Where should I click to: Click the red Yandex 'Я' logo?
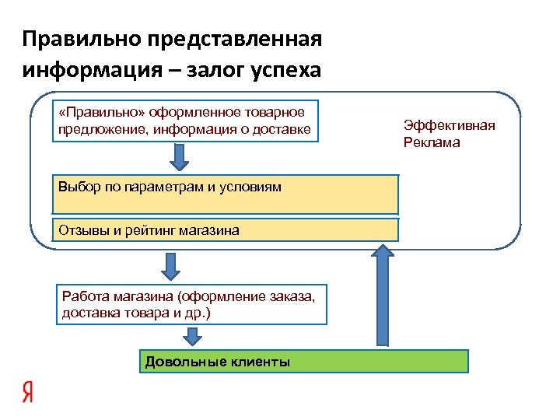click(28, 392)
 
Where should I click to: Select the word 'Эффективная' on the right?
click(450, 125)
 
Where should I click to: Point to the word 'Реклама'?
click(432, 142)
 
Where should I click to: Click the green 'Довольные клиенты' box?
click(304, 362)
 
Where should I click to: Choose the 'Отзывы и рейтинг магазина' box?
click(225, 230)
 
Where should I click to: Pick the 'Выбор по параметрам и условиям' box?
click(225, 194)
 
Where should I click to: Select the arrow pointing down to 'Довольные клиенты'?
click(192, 338)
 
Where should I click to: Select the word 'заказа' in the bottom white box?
click(295, 299)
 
